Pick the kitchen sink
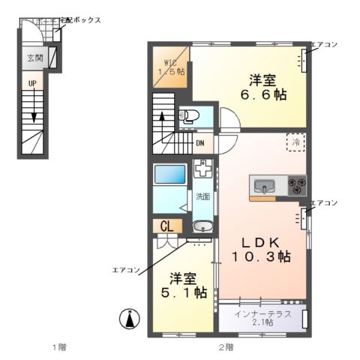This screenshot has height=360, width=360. point(265,185)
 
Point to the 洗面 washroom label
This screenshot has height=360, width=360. point(202,197)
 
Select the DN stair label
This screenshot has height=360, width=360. point(201,142)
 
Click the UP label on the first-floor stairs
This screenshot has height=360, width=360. point(32,83)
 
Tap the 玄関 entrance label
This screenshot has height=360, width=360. point(34,58)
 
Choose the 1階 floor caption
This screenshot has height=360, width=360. point(59,346)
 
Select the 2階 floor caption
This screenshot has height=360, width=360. point(225,346)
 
